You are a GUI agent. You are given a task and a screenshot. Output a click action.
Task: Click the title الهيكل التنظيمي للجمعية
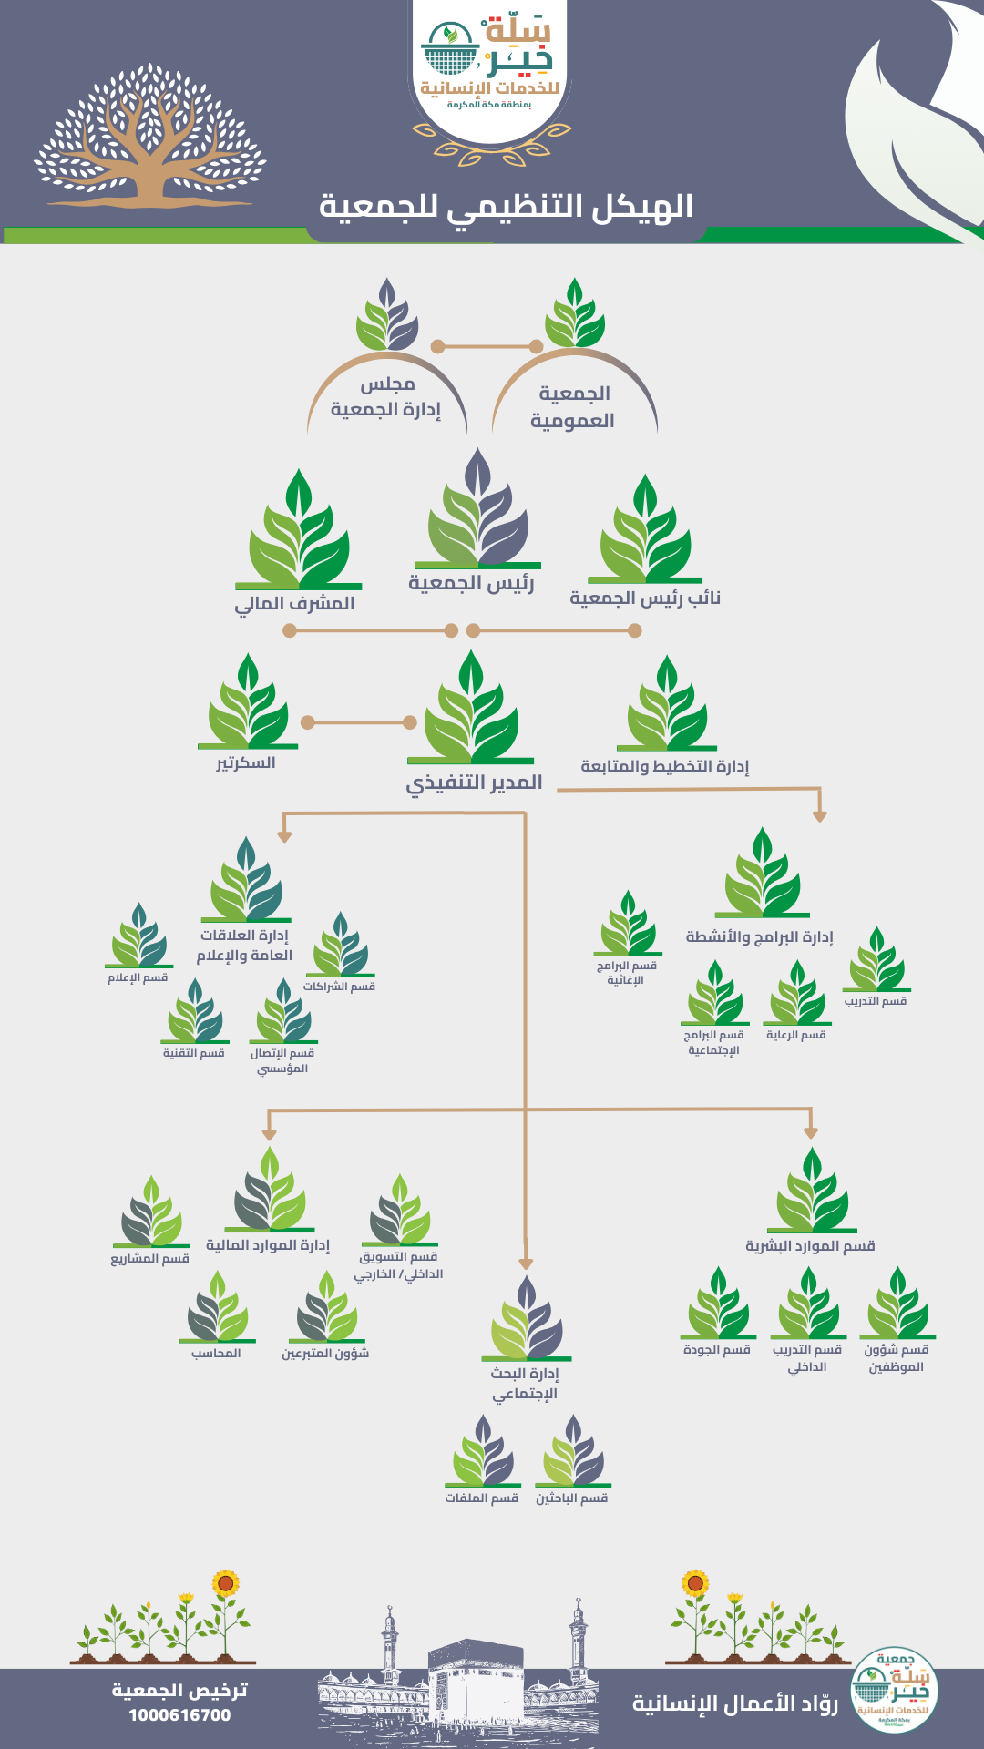click(x=506, y=207)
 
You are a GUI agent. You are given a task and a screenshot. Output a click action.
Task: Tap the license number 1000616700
click(x=179, y=1715)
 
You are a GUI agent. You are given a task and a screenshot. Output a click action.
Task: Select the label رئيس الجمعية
click(x=471, y=583)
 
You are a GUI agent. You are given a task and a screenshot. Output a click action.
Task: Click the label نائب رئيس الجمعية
click(x=645, y=598)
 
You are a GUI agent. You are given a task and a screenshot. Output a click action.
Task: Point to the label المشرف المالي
click(x=294, y=604)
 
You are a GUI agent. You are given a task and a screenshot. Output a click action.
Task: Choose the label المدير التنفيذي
click(x=474, y=782)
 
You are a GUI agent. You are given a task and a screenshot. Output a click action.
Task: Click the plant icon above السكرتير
click(x=248, y=703)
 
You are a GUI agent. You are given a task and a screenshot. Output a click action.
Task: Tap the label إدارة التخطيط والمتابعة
click(x=665, y=766)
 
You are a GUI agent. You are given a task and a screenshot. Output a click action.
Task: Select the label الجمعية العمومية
click(x=573, y=406)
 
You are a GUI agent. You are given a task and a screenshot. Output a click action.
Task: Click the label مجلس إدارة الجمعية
click(x=386, y=397)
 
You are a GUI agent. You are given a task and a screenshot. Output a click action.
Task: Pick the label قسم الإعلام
click(x=138, y=977)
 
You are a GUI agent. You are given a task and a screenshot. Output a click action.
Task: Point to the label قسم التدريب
click(x=876, y=1001)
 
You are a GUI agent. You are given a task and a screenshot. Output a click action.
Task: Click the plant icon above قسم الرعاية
click(x=797, y=994)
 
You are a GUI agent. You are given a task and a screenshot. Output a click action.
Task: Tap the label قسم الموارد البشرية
click(x=810, y=1245)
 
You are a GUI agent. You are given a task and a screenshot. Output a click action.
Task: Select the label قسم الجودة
click(x=717, y=1350)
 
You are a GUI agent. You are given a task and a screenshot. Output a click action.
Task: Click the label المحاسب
click(x=216, y=1354)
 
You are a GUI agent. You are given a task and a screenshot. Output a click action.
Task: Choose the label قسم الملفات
click(x=482, y=1498)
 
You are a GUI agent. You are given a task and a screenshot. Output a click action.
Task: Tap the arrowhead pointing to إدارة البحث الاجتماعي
click(x=526, y=1263)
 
